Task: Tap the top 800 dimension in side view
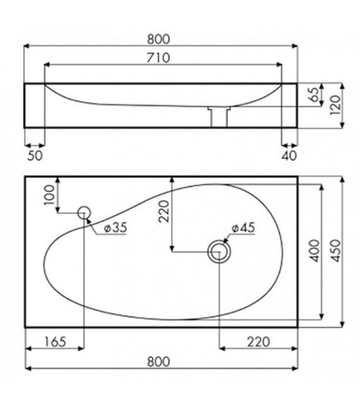[x=161, y=38]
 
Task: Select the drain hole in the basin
[x=219, y=252]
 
